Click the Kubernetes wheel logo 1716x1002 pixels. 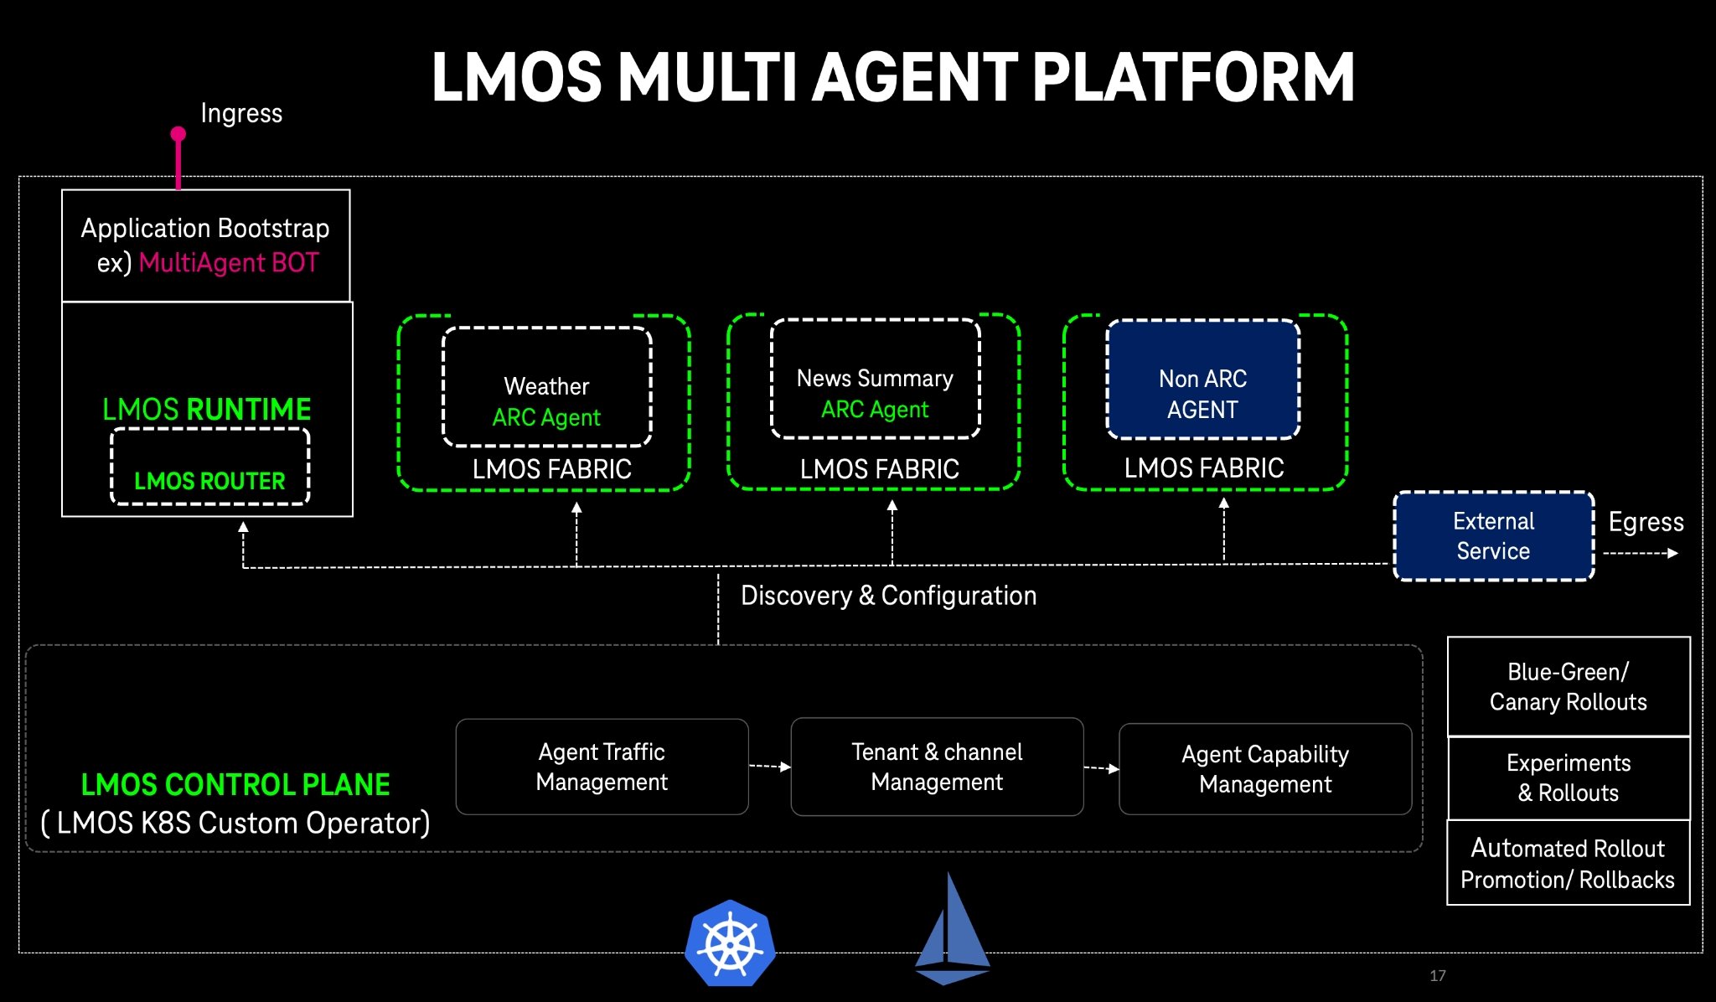(x=730, y=943)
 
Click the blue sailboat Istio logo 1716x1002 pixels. (x=952, y=929)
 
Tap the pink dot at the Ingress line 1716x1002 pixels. (x=178, y=134)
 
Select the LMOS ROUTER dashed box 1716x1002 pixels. (x=210, y=467)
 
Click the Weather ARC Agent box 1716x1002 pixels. (x=547, y=386)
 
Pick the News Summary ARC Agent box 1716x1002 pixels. (x=876, y=379)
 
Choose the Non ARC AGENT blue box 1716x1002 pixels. (x=1203, y=379)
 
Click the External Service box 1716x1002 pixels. (x=1494, y=536)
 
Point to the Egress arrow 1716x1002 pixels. (x=1641, y=553)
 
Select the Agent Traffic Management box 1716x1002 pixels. (x=602, y=767)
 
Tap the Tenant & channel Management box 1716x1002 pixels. (x=937, y=767)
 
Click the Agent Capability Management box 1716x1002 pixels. (x=1265, y=769)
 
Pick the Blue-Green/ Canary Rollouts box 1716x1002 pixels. (x=1569, y=687)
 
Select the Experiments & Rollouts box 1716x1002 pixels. (x=1569, y=778)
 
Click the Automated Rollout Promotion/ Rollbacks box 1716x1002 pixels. (x=1569, y=863)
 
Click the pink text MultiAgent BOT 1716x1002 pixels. (x=229, y=263)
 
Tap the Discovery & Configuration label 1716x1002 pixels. (x=889, y=596)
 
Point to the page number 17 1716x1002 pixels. (x=1438, y=975)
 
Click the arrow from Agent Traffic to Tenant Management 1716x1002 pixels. (x=770, y=766)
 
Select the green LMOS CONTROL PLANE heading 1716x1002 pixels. (x=235, y=784)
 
